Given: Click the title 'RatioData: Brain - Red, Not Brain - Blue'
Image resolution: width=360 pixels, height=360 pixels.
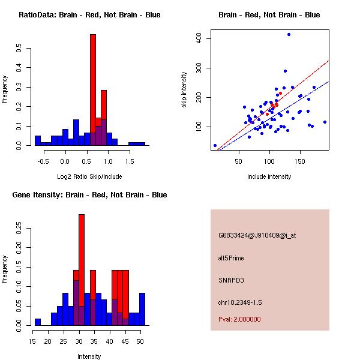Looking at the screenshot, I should coord(89,15).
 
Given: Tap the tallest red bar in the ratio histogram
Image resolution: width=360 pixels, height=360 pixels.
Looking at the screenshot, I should coord(93,90).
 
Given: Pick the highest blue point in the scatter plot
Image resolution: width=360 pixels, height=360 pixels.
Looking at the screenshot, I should coord(289,35).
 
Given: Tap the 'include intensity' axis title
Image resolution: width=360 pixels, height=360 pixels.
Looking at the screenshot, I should coord(269,176).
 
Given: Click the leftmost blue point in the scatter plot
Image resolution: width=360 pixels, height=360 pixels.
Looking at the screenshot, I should coord(215,145).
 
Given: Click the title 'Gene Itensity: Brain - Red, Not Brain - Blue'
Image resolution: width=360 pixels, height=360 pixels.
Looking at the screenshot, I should coord(89,195).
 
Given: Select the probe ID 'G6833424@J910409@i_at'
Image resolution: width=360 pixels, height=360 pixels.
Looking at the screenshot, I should coord(257,235).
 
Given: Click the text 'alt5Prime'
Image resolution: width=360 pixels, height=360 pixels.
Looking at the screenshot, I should coord(231,258).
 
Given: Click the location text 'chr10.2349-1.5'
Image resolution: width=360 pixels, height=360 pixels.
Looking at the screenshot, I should coord(240,301).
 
